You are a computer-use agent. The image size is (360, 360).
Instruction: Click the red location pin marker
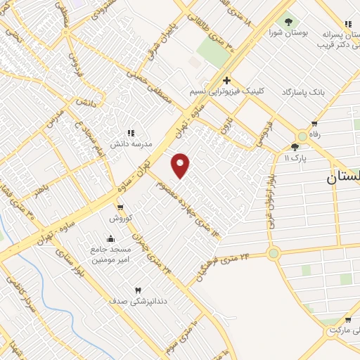point(181,165)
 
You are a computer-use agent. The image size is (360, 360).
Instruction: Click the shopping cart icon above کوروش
point(121,207)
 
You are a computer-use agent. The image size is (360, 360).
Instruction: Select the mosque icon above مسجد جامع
point(110,239)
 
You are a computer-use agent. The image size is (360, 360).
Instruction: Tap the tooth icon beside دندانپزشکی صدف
point(138,290)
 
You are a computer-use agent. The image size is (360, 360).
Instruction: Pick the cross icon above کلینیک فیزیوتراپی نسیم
point(226,80)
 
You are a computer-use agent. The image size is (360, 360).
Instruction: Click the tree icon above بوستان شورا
point(287,21)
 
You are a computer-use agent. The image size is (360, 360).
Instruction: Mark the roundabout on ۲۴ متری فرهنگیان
point(273,253)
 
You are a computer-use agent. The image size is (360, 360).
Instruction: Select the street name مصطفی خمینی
point(156,91)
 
